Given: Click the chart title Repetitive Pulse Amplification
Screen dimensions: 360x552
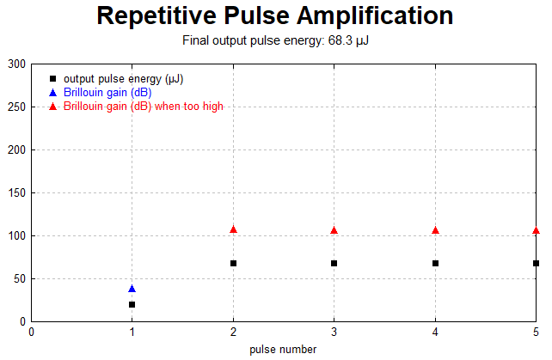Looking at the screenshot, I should tap(275, 16).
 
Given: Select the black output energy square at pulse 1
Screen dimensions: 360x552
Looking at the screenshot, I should tap(132, 304).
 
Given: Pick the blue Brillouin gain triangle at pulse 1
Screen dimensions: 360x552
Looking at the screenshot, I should tap(132, 289).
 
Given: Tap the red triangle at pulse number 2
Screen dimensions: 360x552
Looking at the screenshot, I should tap(233, 229).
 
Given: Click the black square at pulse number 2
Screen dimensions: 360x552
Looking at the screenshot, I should tap(233, 263).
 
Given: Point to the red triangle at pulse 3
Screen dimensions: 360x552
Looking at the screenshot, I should tap(334, 230).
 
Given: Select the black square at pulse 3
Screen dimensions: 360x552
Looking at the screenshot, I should tap(334, 263).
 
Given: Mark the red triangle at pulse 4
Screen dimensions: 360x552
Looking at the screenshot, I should tap(435, 230).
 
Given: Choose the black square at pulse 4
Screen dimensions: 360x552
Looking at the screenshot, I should tap(435, 263).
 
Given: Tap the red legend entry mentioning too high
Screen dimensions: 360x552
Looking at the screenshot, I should tap(144, 106).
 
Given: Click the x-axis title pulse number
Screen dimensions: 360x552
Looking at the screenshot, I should tap(283, 350).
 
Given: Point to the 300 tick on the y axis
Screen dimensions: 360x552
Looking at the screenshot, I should tap(16, 64).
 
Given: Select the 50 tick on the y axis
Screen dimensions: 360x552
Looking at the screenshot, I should tap(19, 278).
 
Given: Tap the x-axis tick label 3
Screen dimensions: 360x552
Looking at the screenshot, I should tap(334, 332).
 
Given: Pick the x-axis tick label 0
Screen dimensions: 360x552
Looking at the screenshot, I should tap(31, 332).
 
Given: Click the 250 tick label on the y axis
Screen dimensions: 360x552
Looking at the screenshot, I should tap(16, 107).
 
